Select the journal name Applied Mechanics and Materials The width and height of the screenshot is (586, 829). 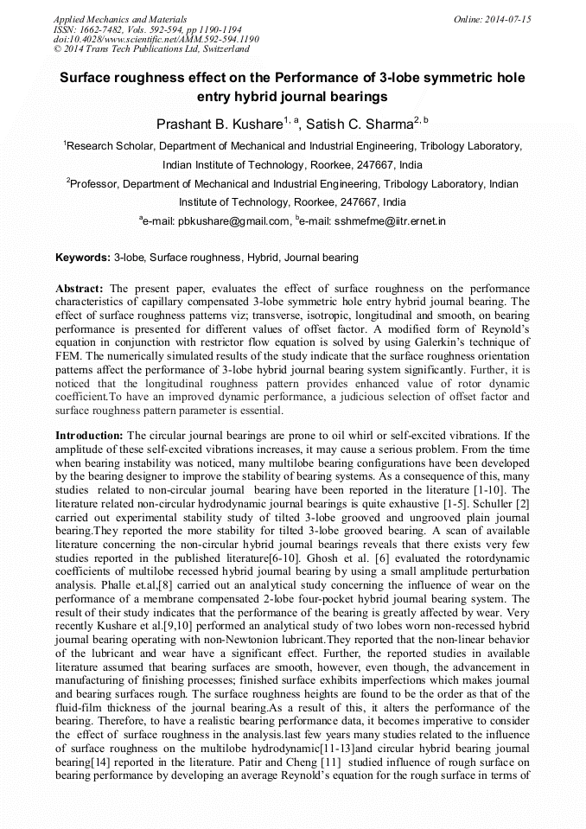120,18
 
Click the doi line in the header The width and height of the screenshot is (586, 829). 156,39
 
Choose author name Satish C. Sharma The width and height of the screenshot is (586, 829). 358,124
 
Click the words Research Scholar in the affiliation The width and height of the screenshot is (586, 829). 111,147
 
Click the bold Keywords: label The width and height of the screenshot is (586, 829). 82,258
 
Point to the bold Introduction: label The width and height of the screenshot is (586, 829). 90,435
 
